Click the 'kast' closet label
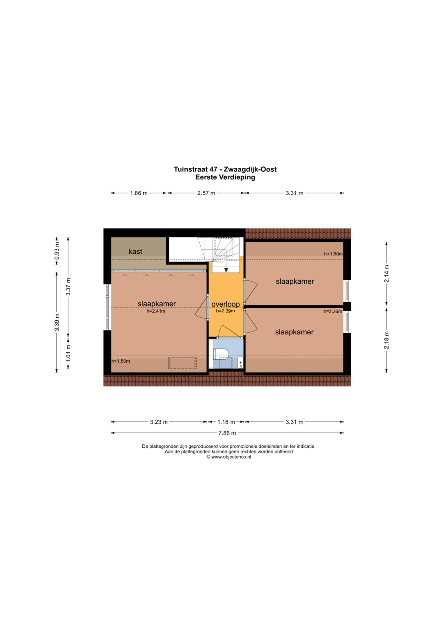[135, 252]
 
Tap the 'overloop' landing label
[226, 304]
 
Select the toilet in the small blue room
[221, 354]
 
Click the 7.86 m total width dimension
[227, 433]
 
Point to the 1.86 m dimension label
[139, 193]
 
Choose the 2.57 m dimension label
[206, 193]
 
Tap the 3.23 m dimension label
[159, 422]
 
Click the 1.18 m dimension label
[226, 422]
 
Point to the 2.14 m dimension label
[386, 273]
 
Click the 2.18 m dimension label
[386, 340]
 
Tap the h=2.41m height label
[156, 311]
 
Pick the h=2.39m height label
[226, 311]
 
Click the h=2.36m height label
[333, 311]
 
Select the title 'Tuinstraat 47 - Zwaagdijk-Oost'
[225, 169]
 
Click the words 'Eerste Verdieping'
[225, 177]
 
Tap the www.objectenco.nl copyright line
[228, 457]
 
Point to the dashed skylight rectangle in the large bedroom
[183, 363]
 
